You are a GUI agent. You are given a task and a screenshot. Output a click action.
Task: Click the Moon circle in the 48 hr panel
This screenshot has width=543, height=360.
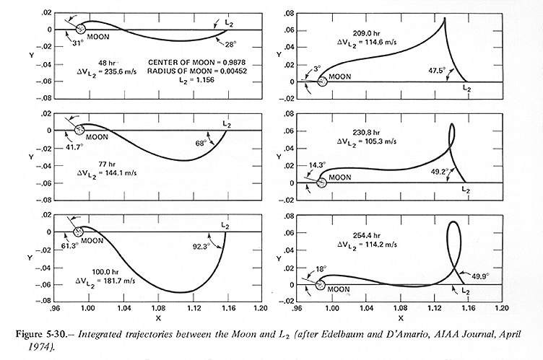[x=81, y=29]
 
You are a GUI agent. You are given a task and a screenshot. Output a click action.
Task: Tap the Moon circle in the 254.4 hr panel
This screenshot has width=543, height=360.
[x=321, y=284]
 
